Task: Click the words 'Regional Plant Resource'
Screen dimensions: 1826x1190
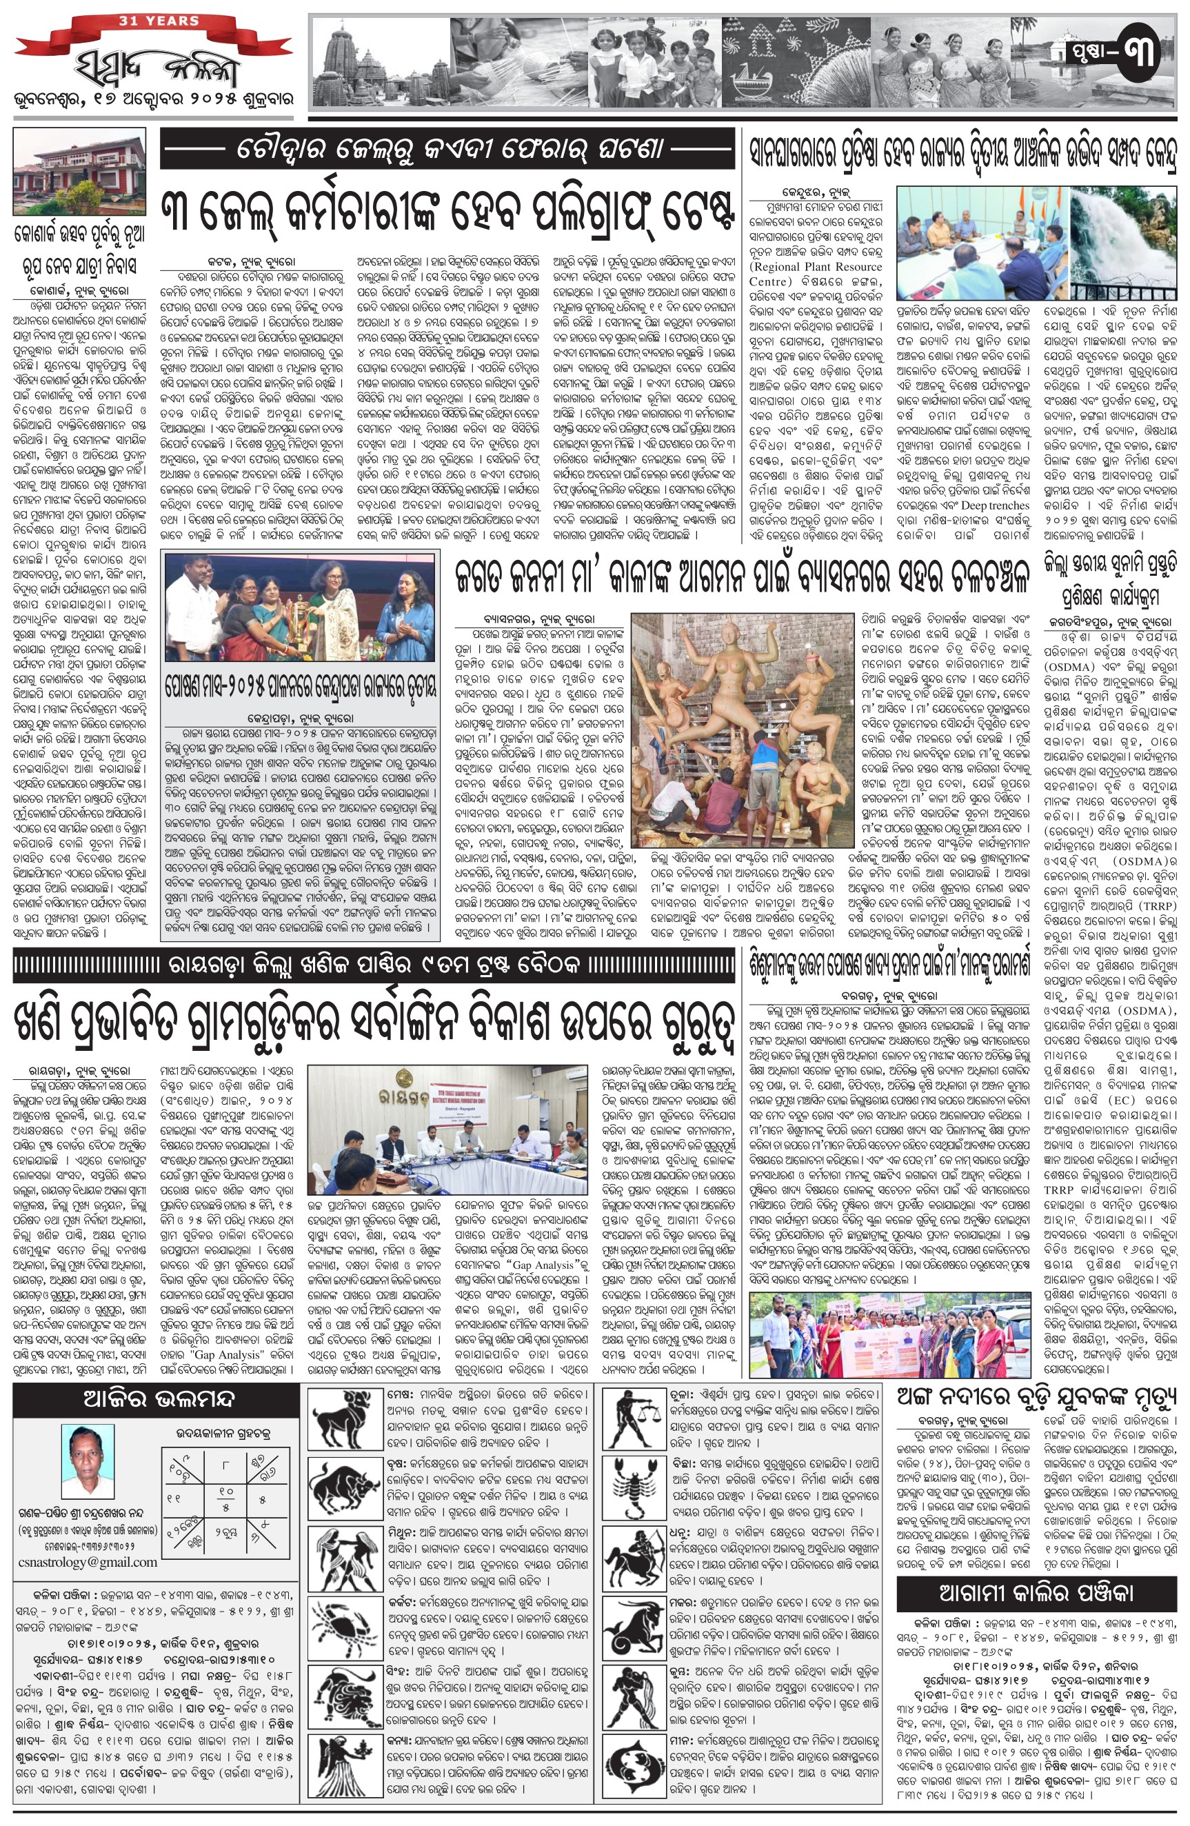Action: coord(816,267)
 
